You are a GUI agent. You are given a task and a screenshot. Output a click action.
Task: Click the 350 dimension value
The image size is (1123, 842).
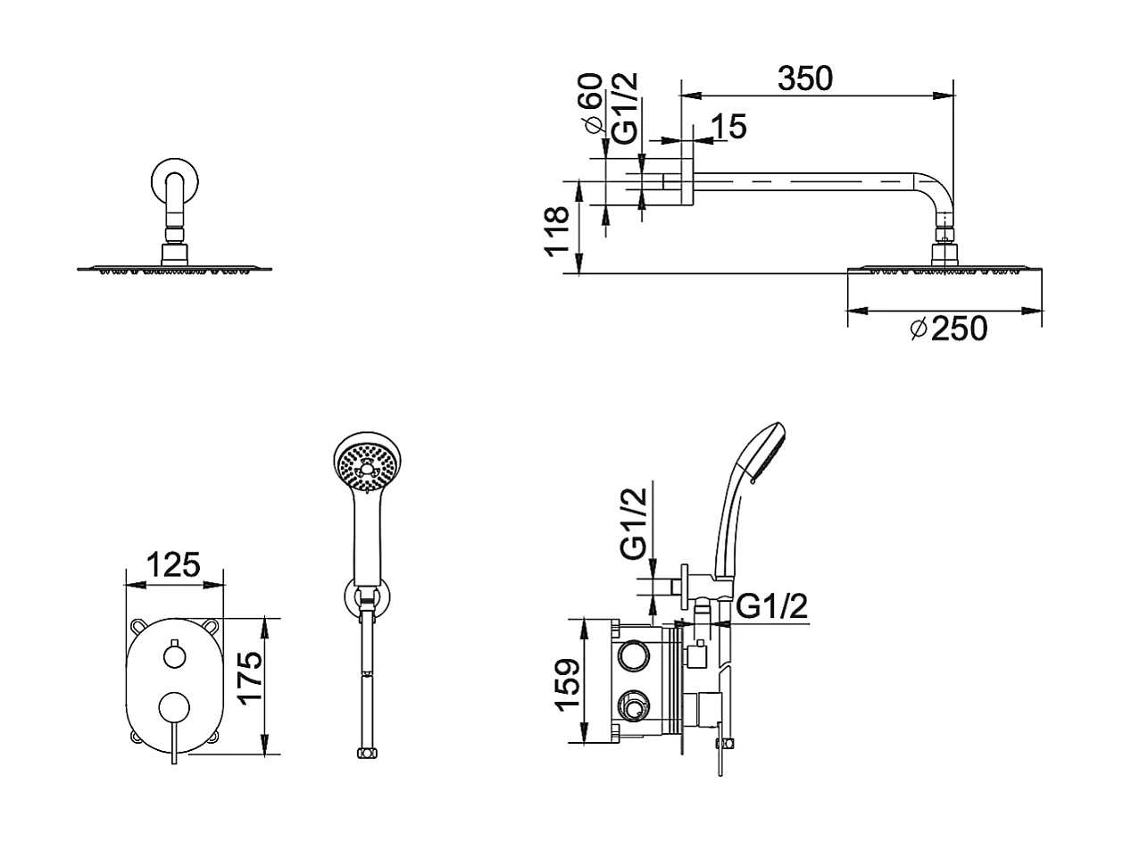point(804,79)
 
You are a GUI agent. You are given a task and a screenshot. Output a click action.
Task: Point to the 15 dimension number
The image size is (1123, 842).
point(728,127)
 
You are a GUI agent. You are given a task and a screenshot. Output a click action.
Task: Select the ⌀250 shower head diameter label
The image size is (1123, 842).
point(948,329)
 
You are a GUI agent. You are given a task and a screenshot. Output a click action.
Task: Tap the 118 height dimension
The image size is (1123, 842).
point(557,231)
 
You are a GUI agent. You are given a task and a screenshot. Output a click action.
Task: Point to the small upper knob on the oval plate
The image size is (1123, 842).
point(175,656)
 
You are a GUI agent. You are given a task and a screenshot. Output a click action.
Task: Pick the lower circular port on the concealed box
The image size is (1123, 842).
point(635,707)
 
